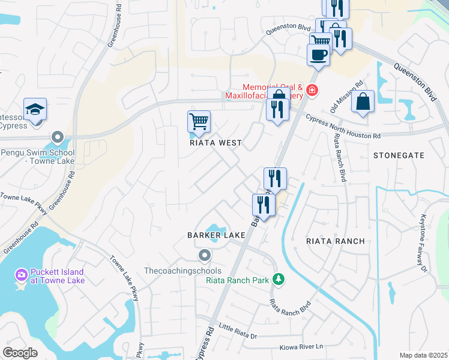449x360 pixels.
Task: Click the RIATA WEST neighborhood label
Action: click(x=216, y=143)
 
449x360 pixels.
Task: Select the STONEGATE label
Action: click(x=399, y=155)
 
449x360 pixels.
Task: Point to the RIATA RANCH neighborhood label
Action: click(x=336, y=241)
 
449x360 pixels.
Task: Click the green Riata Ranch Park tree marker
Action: click(x=278, y=279)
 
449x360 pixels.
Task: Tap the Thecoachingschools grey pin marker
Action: click(x=205, y=256)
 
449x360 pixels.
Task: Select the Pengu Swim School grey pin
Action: click(x=58, y=137)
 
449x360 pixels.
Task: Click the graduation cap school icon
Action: click(x=35, y=109)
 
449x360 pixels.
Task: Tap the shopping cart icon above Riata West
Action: click(x=199, y=121)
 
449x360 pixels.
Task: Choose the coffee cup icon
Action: click(x=318, y=54)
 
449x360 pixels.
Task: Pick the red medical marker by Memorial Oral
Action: click(x=311, y=91)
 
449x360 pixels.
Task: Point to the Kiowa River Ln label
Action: click(x=301, y=347)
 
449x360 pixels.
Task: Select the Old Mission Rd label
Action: click(x=348, y=97)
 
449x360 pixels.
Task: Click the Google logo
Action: click(x=20, y=353)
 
